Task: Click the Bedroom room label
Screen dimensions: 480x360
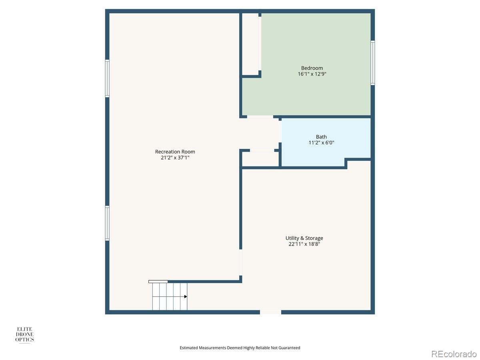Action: (x=312, y=68)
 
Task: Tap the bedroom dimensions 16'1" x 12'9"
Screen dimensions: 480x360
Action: (x=312, y=74)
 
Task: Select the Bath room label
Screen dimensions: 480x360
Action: (x=321, y=137)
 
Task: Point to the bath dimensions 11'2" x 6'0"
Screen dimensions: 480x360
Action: (x=321, y=143)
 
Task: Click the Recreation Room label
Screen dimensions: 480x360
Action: (x=175, y=152)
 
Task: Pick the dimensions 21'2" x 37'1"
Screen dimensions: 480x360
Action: (x=175, y=158)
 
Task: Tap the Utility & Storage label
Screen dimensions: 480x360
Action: (x=304, y=238)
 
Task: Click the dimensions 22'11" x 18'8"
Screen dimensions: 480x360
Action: (x=304, y=244)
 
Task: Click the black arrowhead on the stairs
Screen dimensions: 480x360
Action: (x=186, y=297)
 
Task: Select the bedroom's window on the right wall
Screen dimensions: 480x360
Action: (x=373, y=63)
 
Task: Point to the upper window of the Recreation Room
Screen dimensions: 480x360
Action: (x=107, y=78)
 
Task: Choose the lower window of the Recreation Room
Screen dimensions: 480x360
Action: (x=107, y=223)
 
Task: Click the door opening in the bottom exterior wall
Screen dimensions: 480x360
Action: (x=270, y=312)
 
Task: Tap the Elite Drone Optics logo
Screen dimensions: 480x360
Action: (x=24, y=335)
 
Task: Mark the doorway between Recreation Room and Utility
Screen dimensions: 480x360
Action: (x=240, y=262)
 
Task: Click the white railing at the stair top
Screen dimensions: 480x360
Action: (x=158, y=282)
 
